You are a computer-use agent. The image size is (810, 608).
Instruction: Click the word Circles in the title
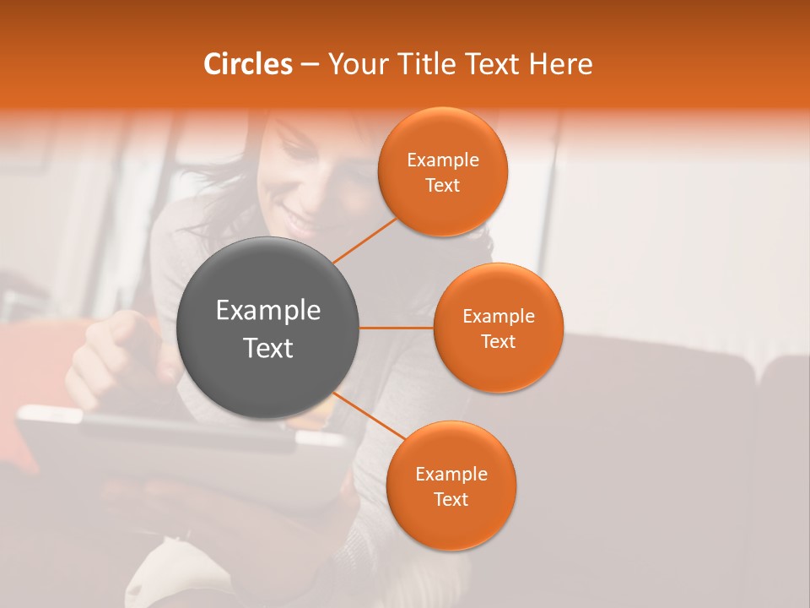(247, 64)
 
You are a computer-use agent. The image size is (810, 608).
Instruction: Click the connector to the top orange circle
(364, 240)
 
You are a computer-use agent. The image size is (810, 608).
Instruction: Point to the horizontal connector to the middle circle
(397, 328)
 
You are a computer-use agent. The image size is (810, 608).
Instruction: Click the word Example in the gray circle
(268, 310)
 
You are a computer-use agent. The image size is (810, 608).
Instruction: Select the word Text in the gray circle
(268, 347)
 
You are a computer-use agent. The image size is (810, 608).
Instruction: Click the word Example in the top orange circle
(443, 160)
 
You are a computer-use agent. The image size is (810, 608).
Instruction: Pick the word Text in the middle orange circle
(498, 341)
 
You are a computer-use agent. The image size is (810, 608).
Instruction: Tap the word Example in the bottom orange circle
(451, 474)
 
